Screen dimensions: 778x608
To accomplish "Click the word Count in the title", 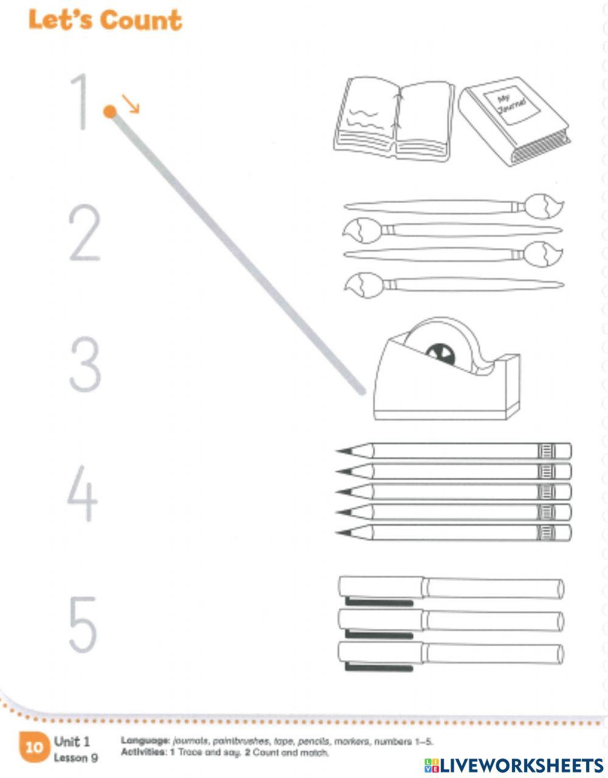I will pyautogui.click(x=141, y=21).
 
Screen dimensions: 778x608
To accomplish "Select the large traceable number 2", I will pyautogui.click(x=84, y=234).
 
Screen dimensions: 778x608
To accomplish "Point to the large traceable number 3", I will pyautogui.click(x=85, y=365).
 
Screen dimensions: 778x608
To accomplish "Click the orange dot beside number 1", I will pyautogui.click(x=109, y=111).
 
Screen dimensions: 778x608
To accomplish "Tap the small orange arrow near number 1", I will pyautogui.click(x=131, y=104).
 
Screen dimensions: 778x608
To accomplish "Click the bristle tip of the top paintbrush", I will pyautogui.click(x=545, y=206).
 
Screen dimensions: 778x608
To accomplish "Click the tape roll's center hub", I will pyautogui.click(x=441, y=354).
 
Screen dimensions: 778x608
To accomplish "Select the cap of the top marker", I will pyautogui.click(x=380, y=587).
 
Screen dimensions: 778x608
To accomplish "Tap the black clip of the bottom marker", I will pyautogui.click(x=378, y=667).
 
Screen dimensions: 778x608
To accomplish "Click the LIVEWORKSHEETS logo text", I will pyautogui.click(x=514, y=765).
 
